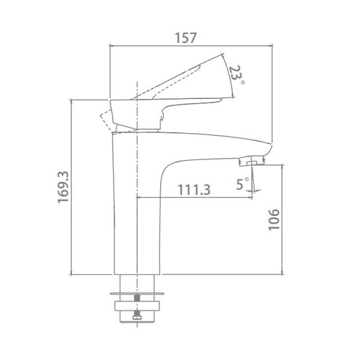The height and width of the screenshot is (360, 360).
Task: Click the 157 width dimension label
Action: pyautogui.click(x=186, y=38)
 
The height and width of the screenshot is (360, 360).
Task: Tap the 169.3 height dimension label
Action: pyautogui.click(x=63, y=187)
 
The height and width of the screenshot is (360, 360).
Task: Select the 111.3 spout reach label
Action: pyautogui.click(x=194, y=190)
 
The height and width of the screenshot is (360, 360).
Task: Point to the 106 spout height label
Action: pyautogui.click(x=274, y=220)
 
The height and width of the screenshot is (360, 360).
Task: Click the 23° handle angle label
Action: pyautogui.click(x=236, y=74)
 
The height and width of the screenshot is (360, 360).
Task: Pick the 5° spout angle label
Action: pyautogui.click(x=242, y=184)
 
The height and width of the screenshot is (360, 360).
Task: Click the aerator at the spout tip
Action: pyautogui.click(x=251, y=161)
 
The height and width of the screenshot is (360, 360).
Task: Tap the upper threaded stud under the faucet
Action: pyautogui.click(x=137, y=298)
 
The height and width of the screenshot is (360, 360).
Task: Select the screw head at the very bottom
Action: pyautogui.click(x=137, y=317)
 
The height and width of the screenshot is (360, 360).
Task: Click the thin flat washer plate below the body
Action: pyautogui.click(x=137, y=293)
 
